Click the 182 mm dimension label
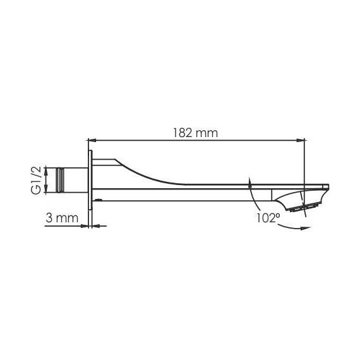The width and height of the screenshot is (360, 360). point(195,133)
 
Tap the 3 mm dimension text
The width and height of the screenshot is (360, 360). point(62,218)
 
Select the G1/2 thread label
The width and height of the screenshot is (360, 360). point(37,180)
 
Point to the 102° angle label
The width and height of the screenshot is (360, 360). point(268,218)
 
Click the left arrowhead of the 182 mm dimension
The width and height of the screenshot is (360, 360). point(92,140)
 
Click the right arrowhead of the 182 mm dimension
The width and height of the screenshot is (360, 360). point(301,140)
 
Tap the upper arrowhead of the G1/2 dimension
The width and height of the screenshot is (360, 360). point(47,171)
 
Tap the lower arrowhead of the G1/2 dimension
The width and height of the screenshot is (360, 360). point(47,189)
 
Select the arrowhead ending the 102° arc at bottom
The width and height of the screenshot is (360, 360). point(305,228)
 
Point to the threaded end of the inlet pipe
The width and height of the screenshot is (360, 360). point(60,180)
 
